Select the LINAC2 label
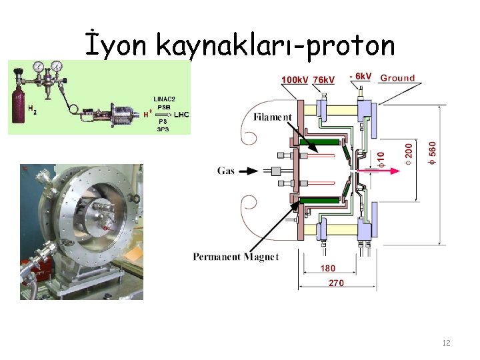(x=164, y=99)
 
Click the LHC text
(x=181, y=115)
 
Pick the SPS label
(x=163, y=129)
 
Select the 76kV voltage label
(x=325, y=80)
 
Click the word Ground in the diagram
(x=397, y=78)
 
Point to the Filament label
(x=273, y=117)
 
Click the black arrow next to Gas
(x=247, y=171)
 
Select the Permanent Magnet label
(x=236, y=257)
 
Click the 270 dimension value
(x=337, y=283)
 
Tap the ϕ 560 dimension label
(x=433, y=152)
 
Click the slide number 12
(x=446, y=343)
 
